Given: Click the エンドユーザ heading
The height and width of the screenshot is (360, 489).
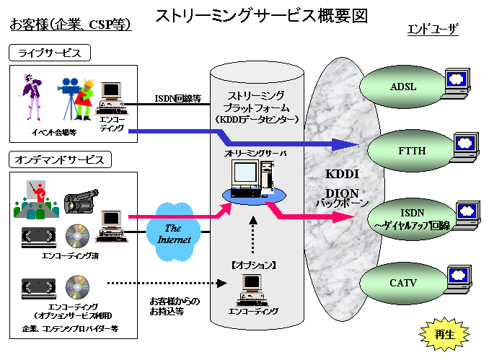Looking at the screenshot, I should [433, 30].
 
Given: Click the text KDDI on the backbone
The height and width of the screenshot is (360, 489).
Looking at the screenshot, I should [343, 175].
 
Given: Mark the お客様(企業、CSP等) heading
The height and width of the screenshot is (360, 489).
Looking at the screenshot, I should [70, 25].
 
